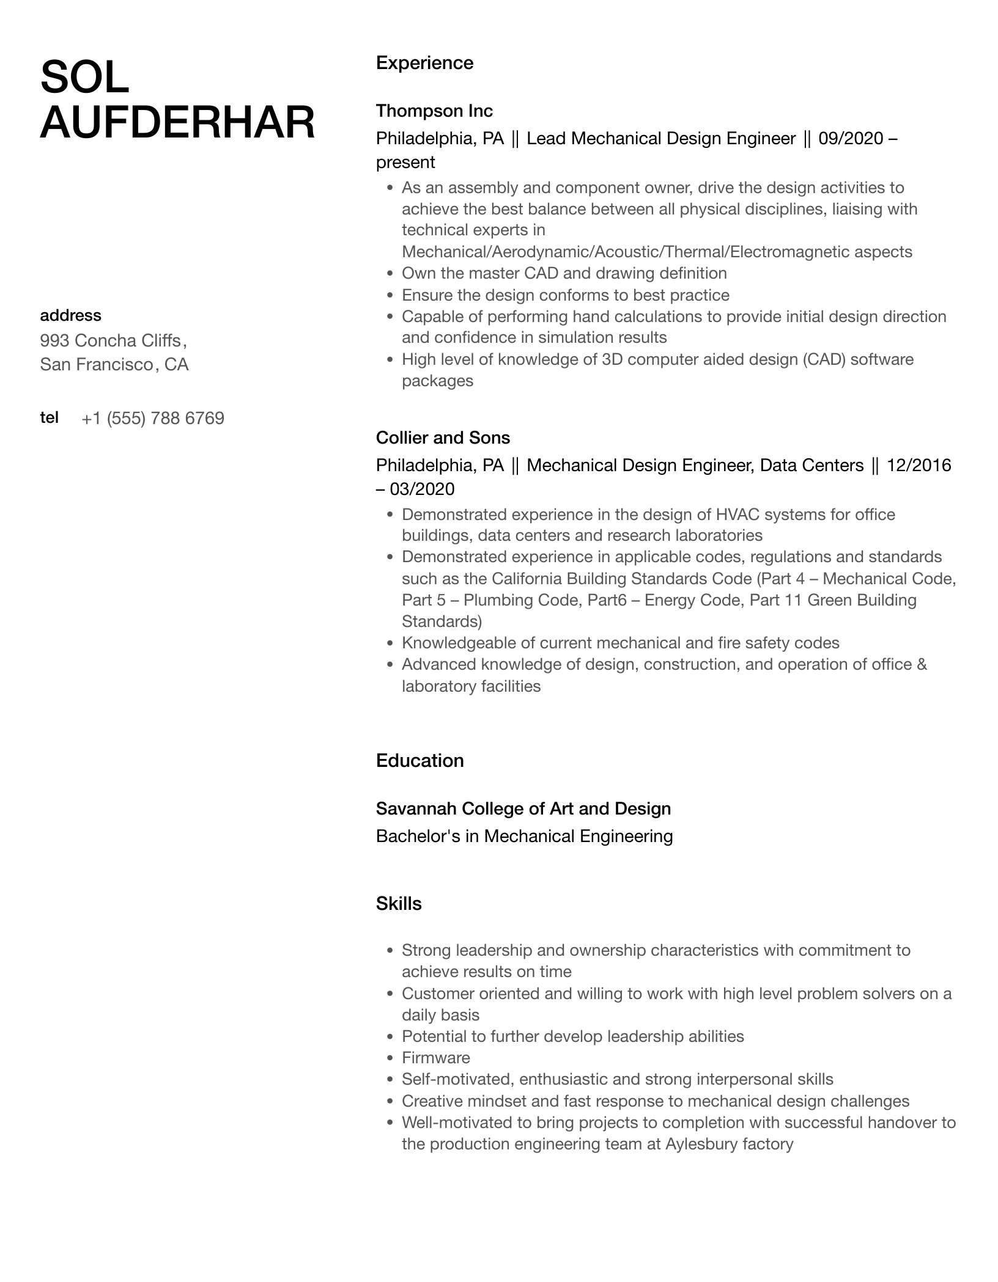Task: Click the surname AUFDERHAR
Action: (x=177, y=123)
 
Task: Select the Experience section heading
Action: (x=424, y=63)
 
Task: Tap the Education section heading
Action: (x=420, y=761)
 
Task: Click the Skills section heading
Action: (x=399, y=904)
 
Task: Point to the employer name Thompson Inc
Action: (x=434, y=111)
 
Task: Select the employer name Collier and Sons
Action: (x=443, y=438)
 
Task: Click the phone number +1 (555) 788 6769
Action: (x=153, y=419)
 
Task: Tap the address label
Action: (x=70, y=316)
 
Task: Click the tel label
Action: (x=49, y=418)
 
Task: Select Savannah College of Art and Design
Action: (x=523, y=809)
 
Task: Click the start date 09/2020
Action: (x=851, y=139)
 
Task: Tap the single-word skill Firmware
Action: (x=436, y=1058)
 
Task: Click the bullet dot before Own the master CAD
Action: (x=390, y=274)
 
